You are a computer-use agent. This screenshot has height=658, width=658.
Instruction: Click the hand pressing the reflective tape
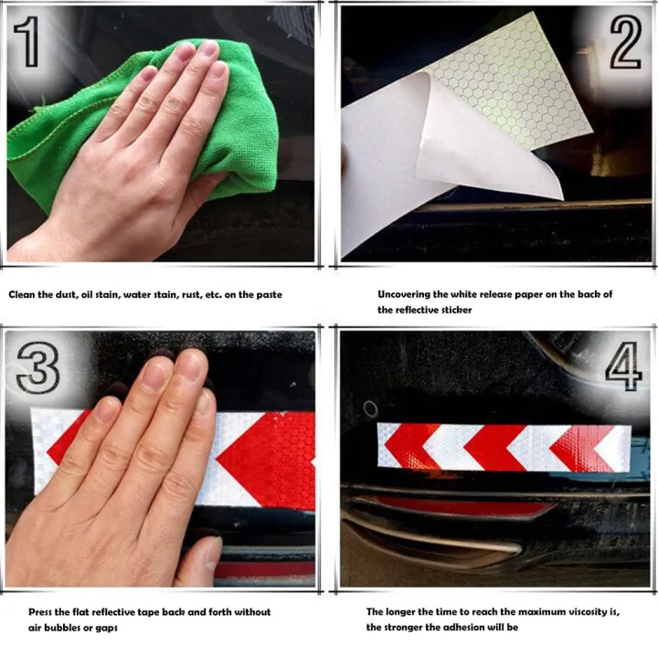pyautogui.click(x=128, y=475)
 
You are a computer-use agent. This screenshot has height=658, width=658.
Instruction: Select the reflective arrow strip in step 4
pyautogui.click(x=504, y=448)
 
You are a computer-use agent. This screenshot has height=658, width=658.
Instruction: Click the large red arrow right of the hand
pyautogui.click(x=270, y=457)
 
